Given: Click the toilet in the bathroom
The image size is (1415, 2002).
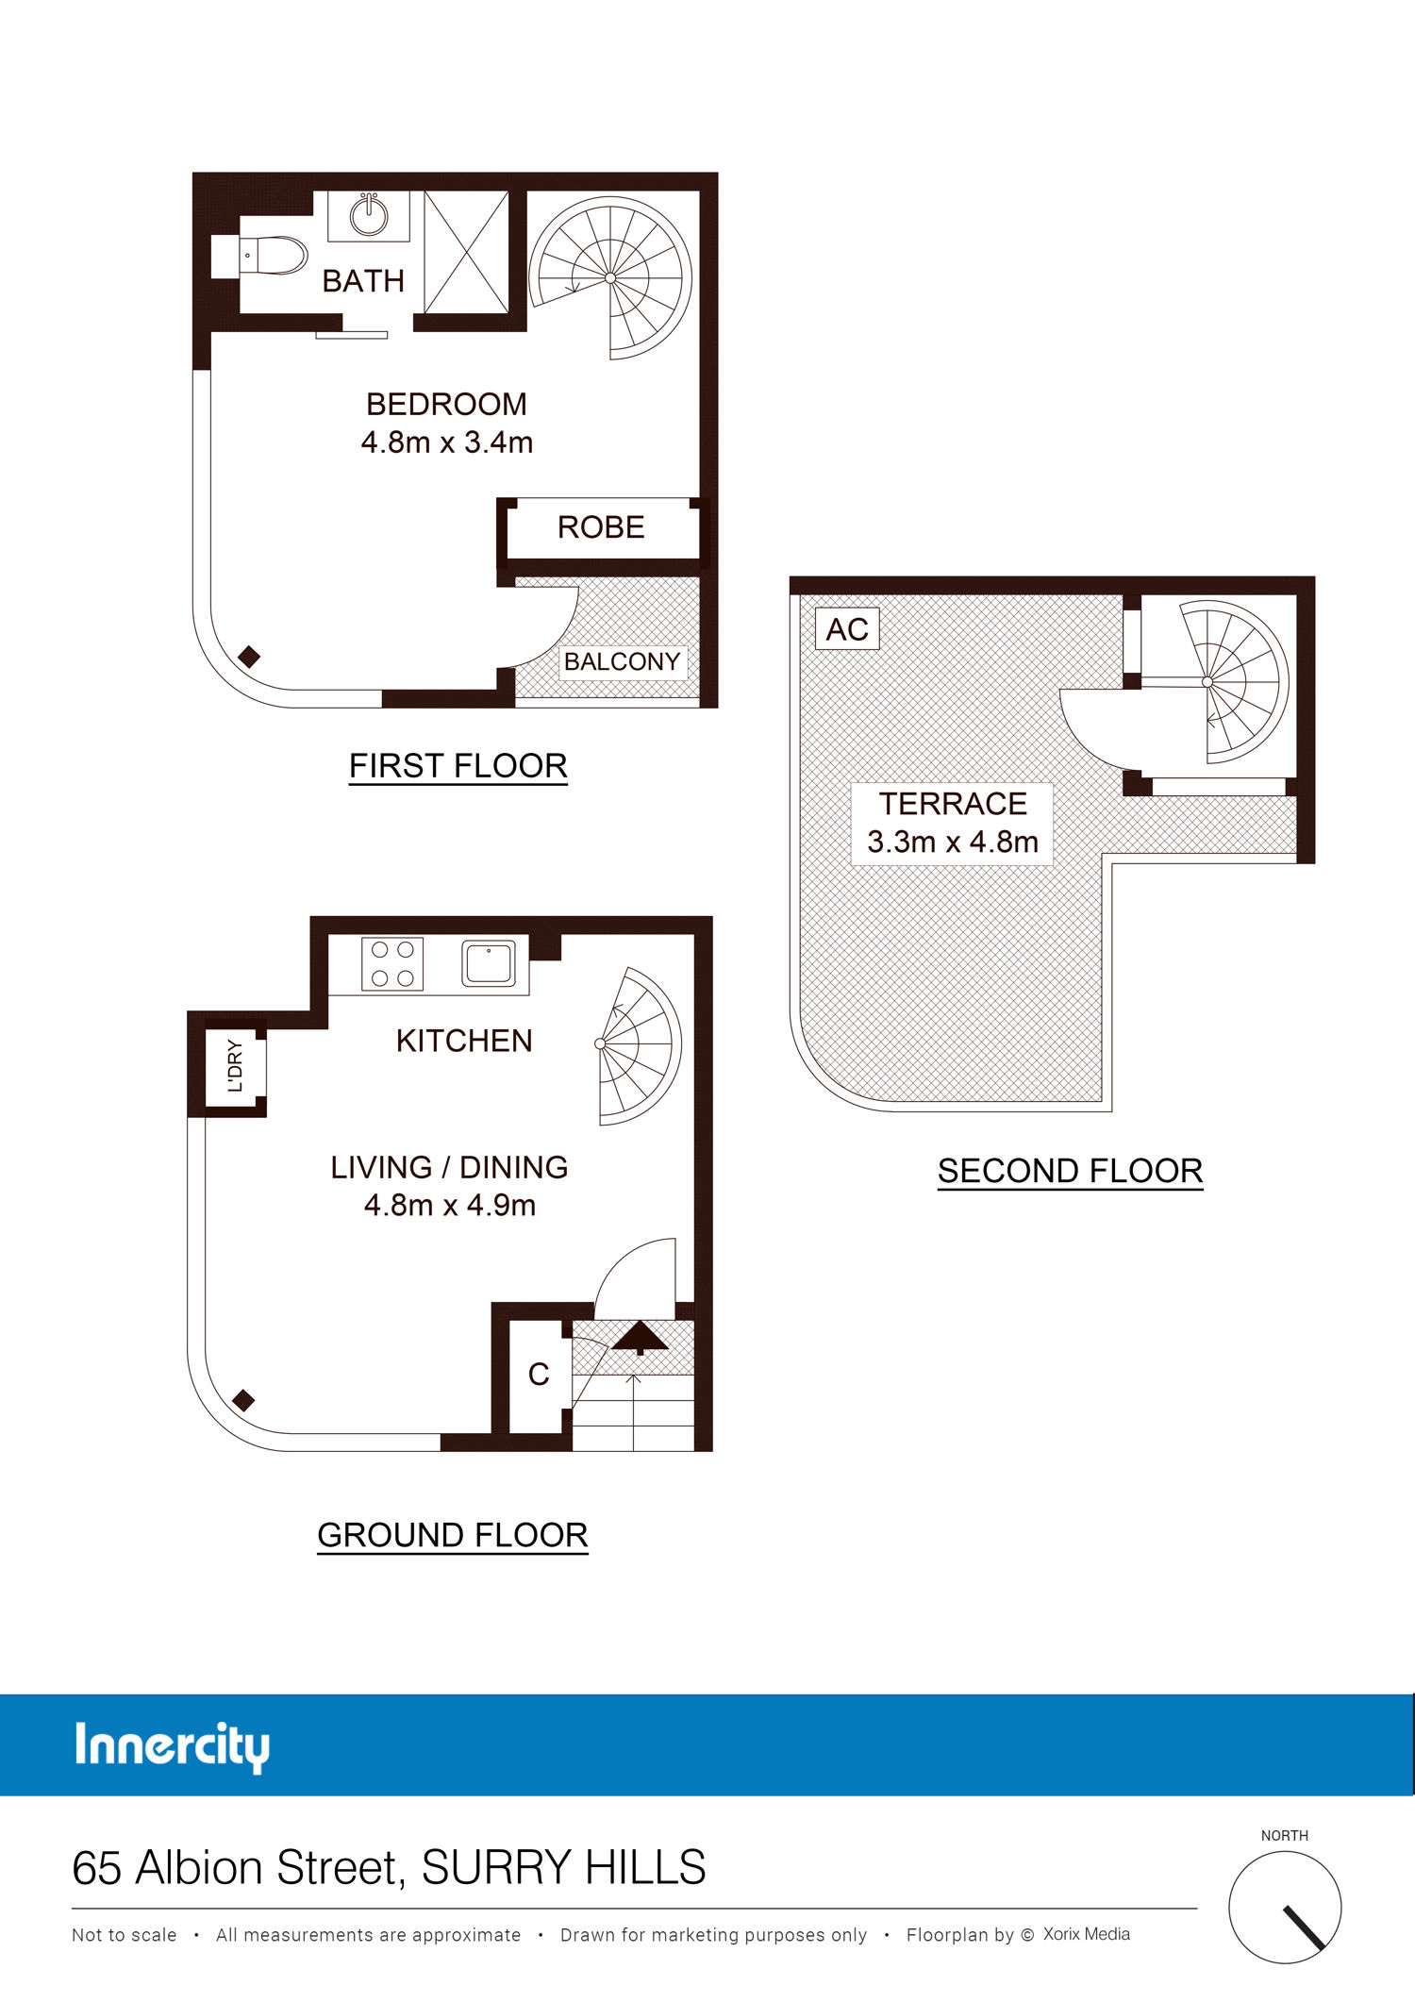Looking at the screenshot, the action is tap(274, 255).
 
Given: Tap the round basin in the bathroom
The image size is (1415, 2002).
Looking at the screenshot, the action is tap(369, 215).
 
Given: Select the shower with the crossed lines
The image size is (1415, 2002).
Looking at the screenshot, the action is tap(466, 251).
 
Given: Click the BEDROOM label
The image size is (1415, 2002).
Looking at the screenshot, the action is tap(446, 404).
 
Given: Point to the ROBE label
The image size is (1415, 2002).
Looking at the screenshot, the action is tap(601, 526).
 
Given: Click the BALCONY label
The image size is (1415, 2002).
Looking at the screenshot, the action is tap(622, 661).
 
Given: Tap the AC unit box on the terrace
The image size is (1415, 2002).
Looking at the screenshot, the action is tap(847, 629).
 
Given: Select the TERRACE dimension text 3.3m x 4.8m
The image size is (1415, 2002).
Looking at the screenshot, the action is tap(953, 842).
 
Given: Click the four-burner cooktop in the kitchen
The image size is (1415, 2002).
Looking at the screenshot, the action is tap(392, 963).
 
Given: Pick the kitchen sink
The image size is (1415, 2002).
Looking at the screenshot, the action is tap(489, 963).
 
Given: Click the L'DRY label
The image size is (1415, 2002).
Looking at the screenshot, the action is tap(236, 1066).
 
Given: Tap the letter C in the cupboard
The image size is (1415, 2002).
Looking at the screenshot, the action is tap(539, 1375).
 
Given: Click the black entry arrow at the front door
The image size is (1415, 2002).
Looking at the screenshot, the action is tap(641, 1337).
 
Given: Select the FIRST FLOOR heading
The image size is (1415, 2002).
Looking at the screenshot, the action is tap(458, 766).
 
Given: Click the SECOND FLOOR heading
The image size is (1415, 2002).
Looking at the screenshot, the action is tap(1071, 1171).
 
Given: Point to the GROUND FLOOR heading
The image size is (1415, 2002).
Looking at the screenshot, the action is tap(453, 1535).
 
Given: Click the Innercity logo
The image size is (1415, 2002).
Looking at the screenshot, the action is tap(172, 1746).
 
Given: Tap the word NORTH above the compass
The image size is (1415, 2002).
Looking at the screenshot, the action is tap(1285, 1835).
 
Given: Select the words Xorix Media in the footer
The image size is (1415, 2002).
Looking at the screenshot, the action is tap(1087, 1934).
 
